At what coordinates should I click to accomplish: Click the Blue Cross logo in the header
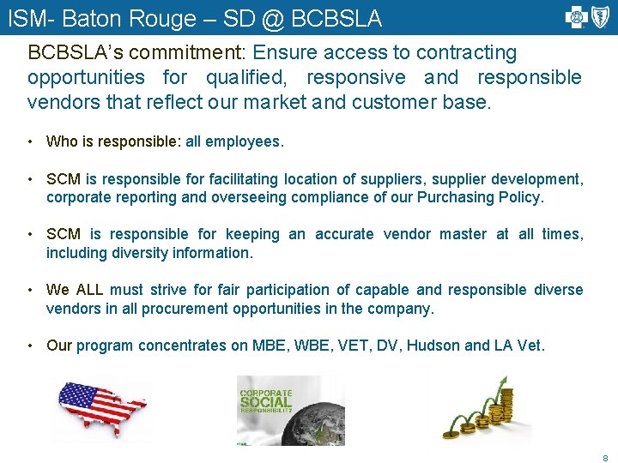click(575, 16)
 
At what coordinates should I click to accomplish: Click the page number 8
click(605, 457)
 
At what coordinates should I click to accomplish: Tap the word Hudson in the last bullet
click(433, 346)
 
